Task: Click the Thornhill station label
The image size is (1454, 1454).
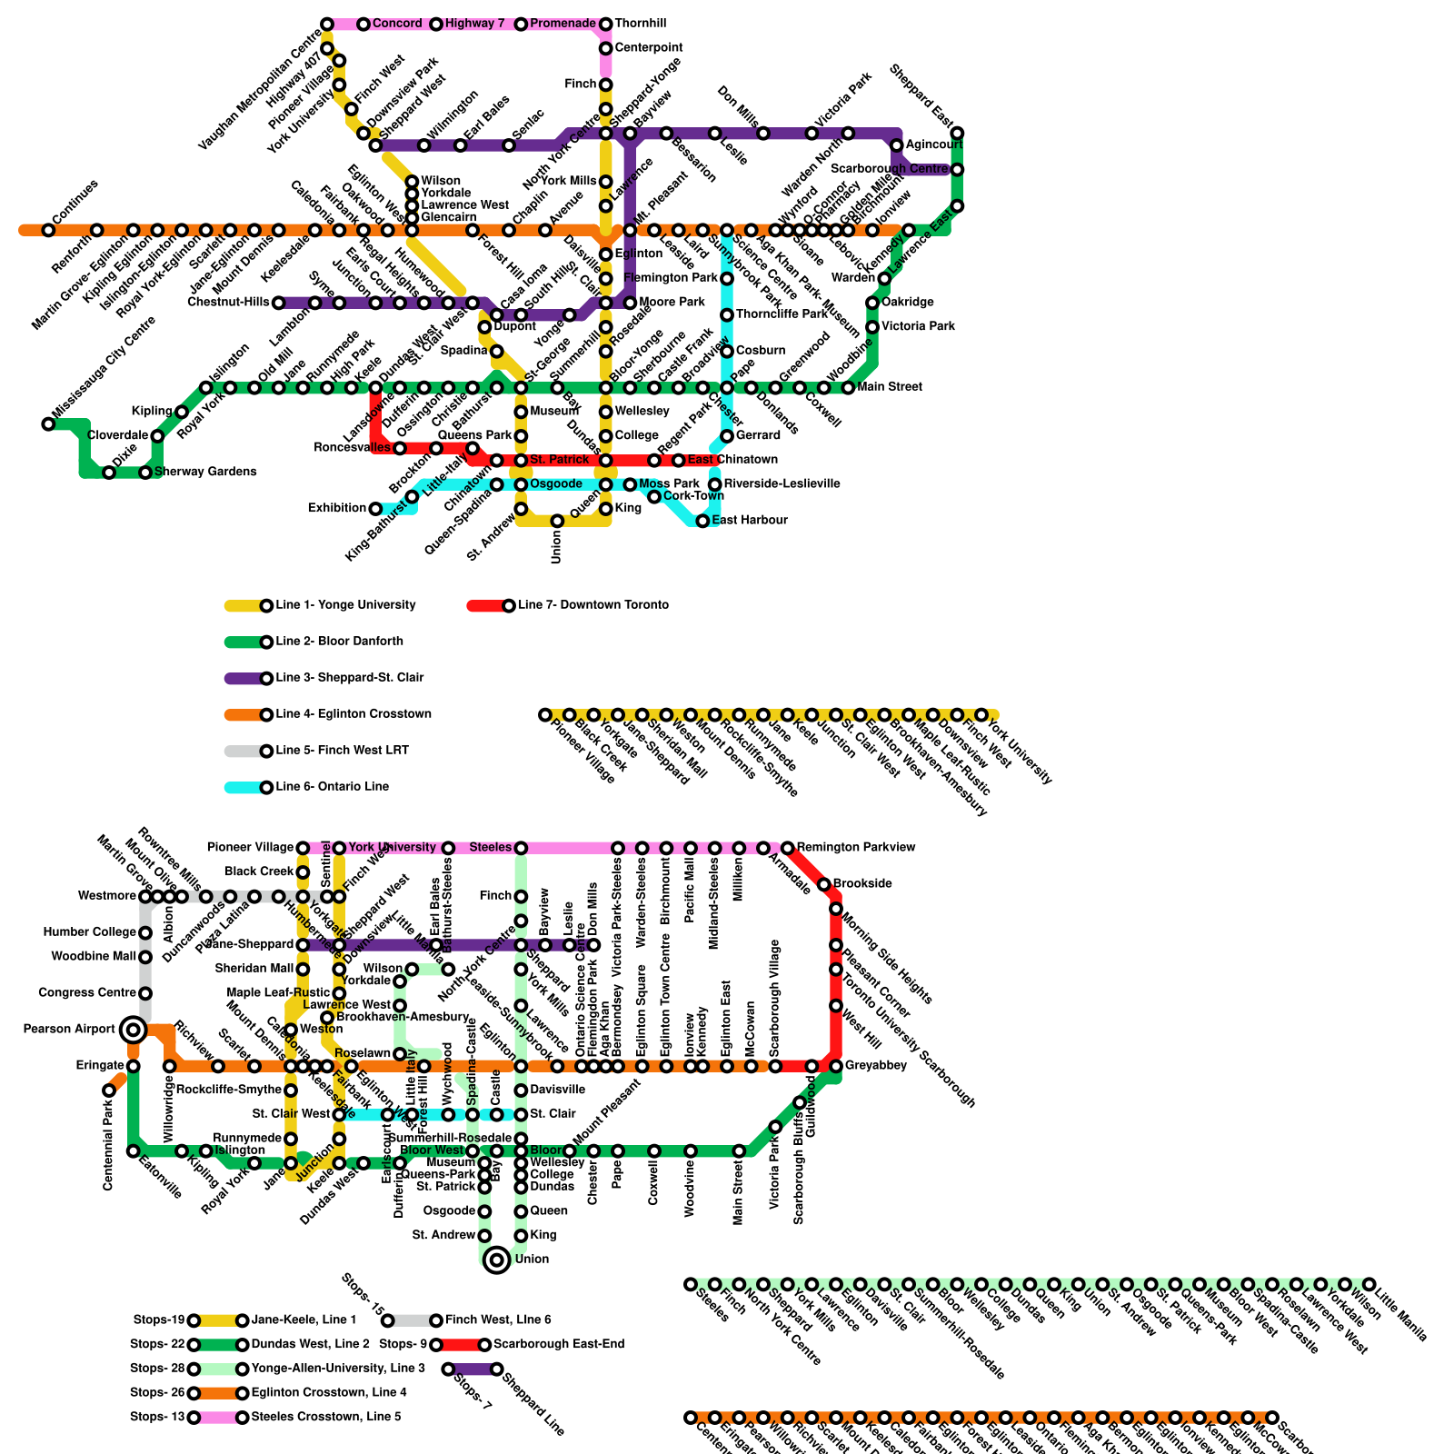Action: pos(640,24)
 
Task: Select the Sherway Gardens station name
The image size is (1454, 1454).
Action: pos(204,472)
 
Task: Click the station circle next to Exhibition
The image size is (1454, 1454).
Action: pos(375,509)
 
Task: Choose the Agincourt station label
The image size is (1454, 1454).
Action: pos(933,145)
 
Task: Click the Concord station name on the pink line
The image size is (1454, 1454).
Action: pos(397,24)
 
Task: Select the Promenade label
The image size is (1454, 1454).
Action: pos(563,24)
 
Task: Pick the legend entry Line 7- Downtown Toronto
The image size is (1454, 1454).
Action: pos(593,605)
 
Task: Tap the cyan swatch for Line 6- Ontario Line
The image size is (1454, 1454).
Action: pos(243,787)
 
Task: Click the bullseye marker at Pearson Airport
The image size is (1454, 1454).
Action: pos(133,1030)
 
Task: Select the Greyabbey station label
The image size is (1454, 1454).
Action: pos(875,1066)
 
